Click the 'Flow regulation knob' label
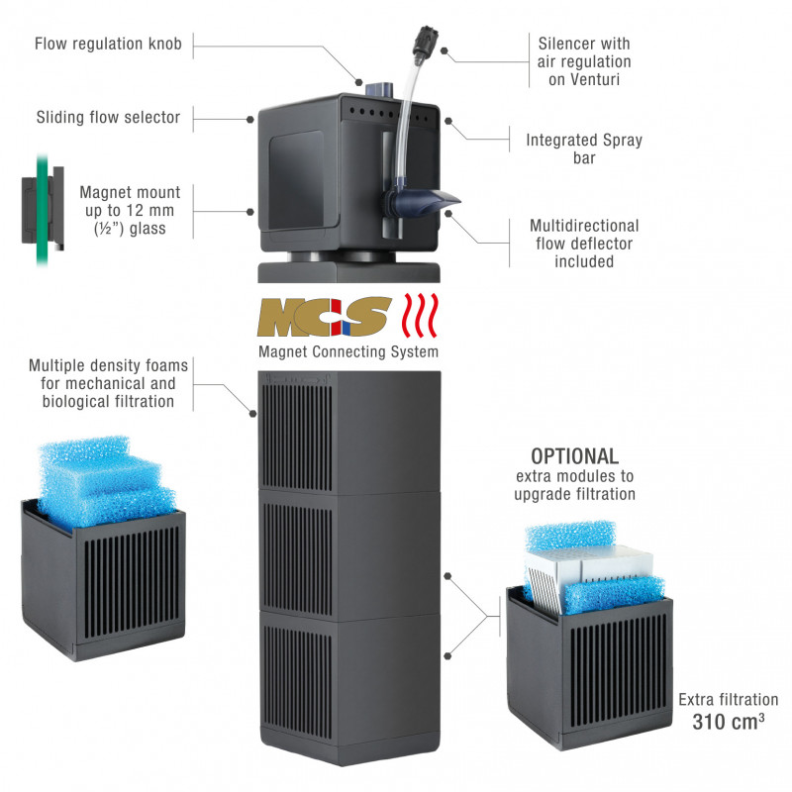click(x=108, y=44)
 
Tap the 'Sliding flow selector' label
click(x=108, y=118)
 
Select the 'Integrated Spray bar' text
click(x=584, y=148)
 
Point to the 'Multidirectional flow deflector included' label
click(x=584, y=244)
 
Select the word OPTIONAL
click(x=575, y=456)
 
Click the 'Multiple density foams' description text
click(x=108, y=383)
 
